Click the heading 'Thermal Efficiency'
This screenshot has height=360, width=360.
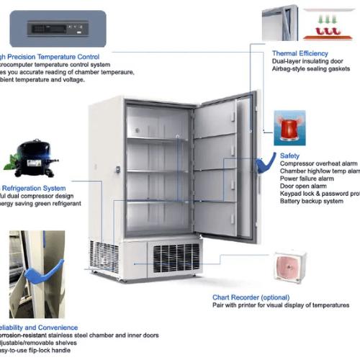pos(300,53)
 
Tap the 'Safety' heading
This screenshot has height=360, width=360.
pos(290,155)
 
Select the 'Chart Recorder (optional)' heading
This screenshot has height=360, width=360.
pos(250,297)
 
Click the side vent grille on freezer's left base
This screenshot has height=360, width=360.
pos(105,256)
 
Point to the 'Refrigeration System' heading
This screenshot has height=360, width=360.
pos(32,188)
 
